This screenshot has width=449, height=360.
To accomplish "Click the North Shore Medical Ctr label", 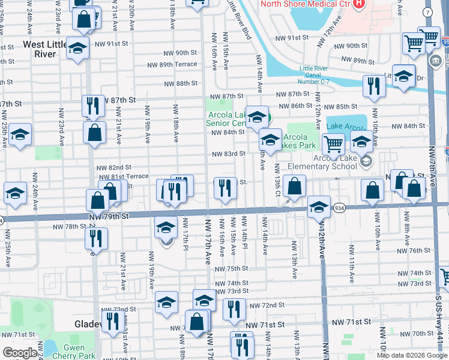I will (304, 4).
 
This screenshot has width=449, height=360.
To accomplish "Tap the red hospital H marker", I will (359, 4).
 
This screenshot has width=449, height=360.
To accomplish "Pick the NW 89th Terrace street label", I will (175, 64).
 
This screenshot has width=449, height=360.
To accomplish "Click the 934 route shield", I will (339, 208).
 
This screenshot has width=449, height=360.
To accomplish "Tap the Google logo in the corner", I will (20, 353).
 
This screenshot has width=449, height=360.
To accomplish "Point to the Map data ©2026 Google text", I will (412, 355).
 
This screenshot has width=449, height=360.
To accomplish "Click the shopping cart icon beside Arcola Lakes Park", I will (333, 143).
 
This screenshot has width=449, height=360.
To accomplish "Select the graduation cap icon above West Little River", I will (77, 48).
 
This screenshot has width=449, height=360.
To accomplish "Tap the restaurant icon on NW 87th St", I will (92, 106).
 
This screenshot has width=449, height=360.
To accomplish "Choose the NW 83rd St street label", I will (228, 154).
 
